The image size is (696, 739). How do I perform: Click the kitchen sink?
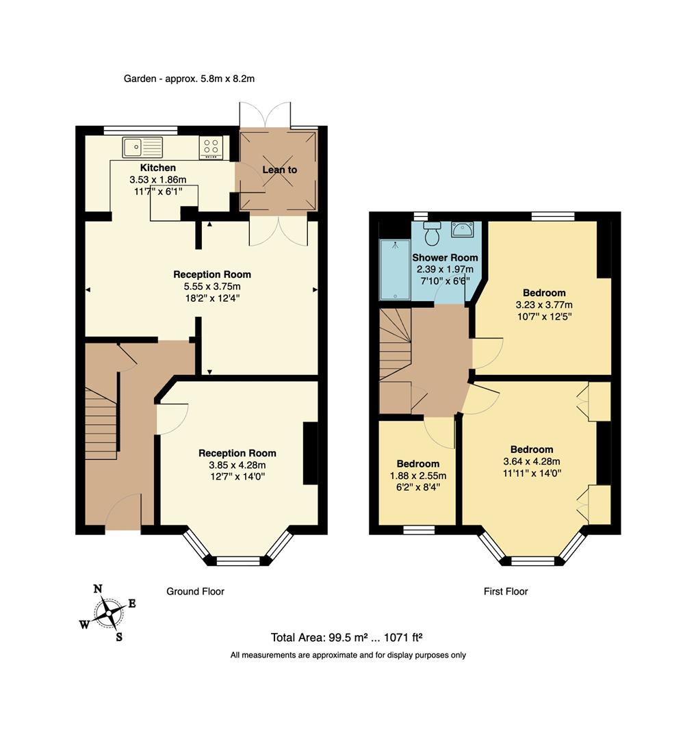(142, 147)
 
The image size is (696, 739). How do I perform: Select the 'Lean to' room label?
(279, 169)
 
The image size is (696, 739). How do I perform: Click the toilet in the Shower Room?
(432, 234)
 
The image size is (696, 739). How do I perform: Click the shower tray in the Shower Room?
(395, 270)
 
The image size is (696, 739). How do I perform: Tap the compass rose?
(107, 612)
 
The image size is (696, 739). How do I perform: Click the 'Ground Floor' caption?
(195, 591)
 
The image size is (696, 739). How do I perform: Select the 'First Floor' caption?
(506, 591)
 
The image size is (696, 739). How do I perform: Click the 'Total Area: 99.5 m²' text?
(346, 638)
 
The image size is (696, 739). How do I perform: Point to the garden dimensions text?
(189, 79)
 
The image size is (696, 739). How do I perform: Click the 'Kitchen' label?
(158, 168)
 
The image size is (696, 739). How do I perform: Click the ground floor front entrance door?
(123, 513)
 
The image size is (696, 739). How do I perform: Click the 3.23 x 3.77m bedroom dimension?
(544, 305)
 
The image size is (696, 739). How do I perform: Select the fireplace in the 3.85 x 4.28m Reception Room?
(310, 453)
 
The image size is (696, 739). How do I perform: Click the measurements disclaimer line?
(348, 655)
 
